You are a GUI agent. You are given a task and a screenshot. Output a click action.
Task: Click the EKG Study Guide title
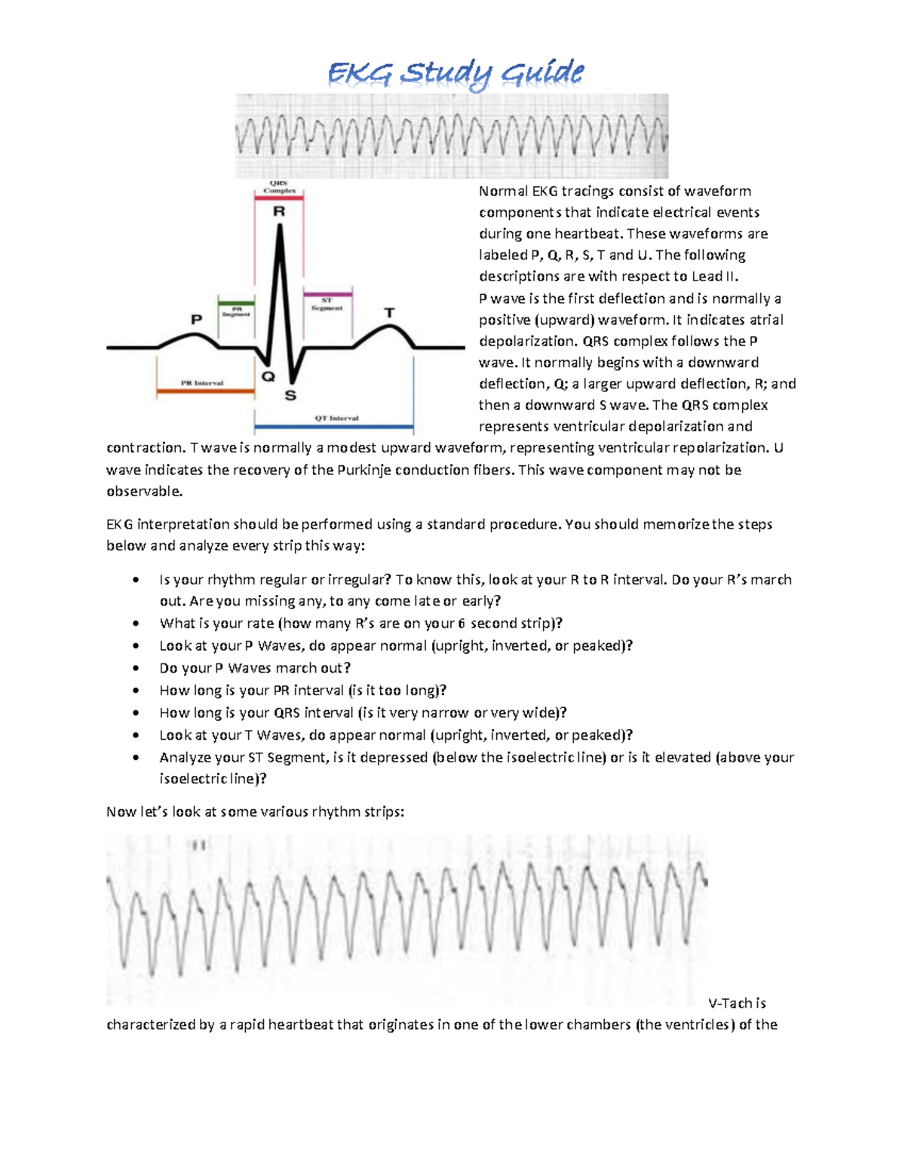[456, 74]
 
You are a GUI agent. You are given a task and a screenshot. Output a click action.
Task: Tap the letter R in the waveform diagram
[279, 212]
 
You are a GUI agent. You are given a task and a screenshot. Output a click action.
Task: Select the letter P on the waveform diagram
[196, 319]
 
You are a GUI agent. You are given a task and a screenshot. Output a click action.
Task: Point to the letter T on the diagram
[389, 312]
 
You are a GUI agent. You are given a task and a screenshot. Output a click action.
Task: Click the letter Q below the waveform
[268, 376]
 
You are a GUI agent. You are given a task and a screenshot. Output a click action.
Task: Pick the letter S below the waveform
[290, 395]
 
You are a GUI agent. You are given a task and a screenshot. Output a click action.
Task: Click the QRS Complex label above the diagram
[279, 186]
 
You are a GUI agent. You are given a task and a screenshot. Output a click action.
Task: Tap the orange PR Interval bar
[206, 391]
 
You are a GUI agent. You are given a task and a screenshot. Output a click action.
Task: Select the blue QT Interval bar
[333, 428]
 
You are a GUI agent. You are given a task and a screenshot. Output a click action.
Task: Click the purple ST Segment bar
[327, 294]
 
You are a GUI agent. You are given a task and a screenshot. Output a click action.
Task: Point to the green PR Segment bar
[236, 303]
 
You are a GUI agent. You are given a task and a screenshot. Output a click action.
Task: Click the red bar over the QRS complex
[279, 198]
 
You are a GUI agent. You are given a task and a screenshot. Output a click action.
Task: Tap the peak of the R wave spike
[280, 227]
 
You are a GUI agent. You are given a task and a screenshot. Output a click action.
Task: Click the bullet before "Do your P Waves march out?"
[136, 668]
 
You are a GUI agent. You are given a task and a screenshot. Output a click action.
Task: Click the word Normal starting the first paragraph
[503, 192]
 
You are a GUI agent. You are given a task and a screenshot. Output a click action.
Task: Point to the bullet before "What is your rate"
[136, 624]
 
